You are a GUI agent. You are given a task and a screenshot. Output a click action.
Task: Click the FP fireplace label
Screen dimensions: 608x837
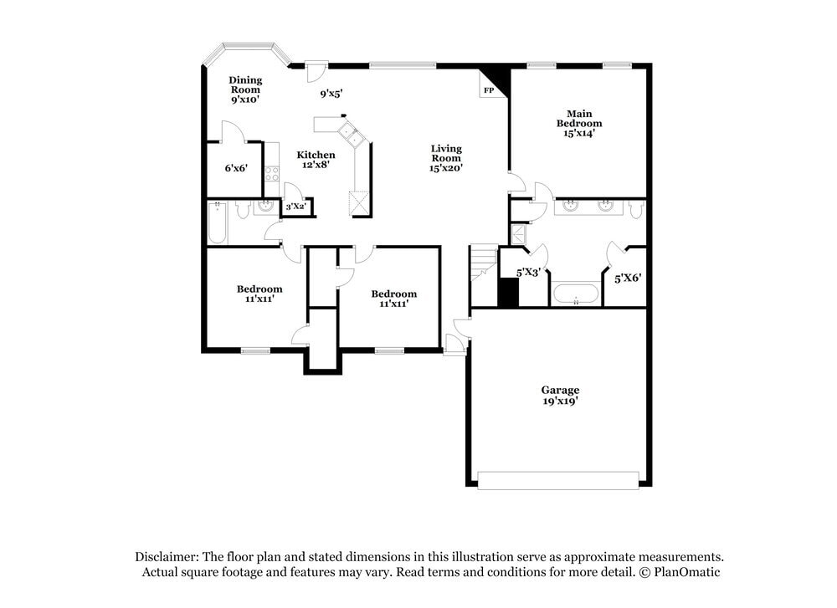[488, 89]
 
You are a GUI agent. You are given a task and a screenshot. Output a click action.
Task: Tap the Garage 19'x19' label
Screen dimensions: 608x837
[560, 396]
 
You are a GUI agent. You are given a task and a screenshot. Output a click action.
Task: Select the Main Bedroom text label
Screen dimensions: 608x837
[579, 123]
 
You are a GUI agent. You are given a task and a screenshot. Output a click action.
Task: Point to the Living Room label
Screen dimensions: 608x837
[446, 158]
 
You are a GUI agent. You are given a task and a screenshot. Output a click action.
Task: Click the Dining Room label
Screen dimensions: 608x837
[245, 89]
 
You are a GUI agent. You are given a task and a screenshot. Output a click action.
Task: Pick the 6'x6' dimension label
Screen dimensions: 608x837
[236, 168]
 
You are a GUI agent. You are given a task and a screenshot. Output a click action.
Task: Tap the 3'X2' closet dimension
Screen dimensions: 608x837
[295, 207]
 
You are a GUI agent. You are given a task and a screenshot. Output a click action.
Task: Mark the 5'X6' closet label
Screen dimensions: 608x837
[628, 278]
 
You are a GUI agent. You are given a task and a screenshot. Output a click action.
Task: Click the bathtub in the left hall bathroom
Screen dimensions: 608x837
[218, 223]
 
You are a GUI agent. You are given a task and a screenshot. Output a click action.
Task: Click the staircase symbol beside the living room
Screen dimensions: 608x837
[483, 263]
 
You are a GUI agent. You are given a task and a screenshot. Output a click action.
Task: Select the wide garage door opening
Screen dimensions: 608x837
[558, 480]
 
